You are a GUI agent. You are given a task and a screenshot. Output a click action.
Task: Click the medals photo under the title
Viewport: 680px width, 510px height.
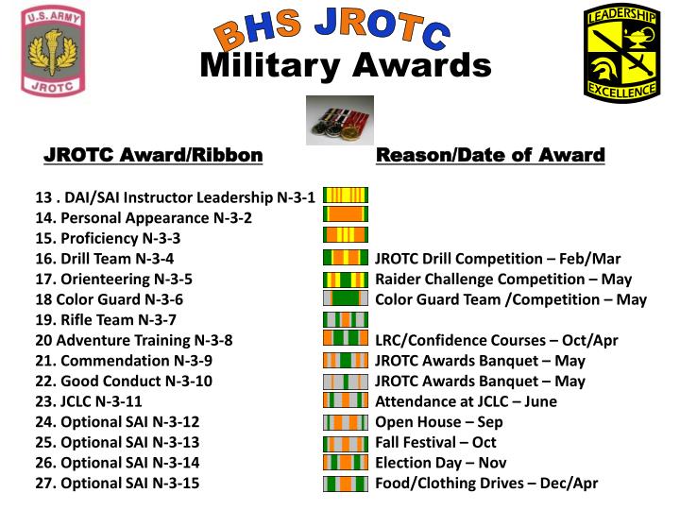click(x=340, y=121)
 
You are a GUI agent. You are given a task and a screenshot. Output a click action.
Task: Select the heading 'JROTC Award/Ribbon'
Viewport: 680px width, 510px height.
click(x=154, y=155)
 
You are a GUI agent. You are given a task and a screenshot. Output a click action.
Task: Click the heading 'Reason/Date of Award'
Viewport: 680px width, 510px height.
click(x=490, y=155)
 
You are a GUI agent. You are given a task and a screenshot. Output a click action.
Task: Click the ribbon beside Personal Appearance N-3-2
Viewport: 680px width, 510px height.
click(x=346, y=215)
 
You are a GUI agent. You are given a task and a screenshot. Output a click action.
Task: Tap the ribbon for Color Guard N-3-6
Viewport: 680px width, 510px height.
click(x=346, y=297)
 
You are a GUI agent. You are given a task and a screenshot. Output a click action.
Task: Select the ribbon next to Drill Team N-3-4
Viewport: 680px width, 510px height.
click(x=346, y=257)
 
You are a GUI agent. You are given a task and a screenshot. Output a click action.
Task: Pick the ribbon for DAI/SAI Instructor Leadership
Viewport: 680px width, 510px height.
click(x=346, y=195)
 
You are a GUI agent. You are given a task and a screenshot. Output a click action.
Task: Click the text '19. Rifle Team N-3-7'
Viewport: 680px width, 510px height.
click(x=106, y=319)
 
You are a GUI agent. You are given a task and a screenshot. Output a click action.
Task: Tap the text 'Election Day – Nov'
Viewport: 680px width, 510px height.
click(x=441, y=462)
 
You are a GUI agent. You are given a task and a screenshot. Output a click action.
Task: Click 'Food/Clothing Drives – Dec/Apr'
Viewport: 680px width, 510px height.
click(x=486, y=483)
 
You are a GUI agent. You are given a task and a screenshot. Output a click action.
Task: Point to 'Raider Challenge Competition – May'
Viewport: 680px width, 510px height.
click(x=503, y=279)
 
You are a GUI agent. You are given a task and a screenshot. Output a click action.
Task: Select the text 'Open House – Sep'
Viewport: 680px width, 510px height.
click(x=439, y=421)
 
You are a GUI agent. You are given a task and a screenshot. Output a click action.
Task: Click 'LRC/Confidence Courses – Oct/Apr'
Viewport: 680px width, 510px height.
click(x=497, y=340)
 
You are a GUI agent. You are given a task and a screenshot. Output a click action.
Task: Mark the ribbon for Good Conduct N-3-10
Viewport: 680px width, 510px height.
click(x=346, y=381)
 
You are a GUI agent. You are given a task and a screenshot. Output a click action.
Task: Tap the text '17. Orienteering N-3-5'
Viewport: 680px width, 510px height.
click(x=113, y=279)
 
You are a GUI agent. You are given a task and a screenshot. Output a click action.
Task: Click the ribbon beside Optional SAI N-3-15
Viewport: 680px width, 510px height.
click(x=346, y=483)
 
